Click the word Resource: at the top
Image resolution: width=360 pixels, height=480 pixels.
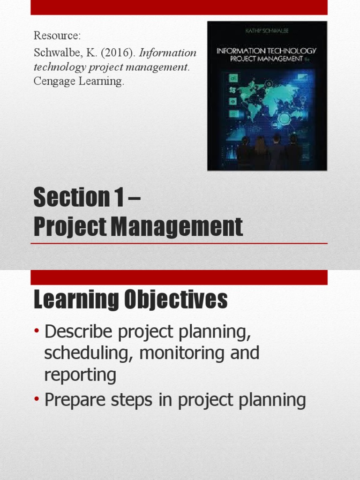[53, 37]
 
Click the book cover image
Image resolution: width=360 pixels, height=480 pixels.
[267, 96]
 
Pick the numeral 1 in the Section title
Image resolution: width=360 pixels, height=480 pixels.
[117, 198]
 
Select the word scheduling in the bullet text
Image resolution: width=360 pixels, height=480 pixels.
[88, 353]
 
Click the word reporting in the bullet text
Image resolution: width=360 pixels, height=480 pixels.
[80, 375]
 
